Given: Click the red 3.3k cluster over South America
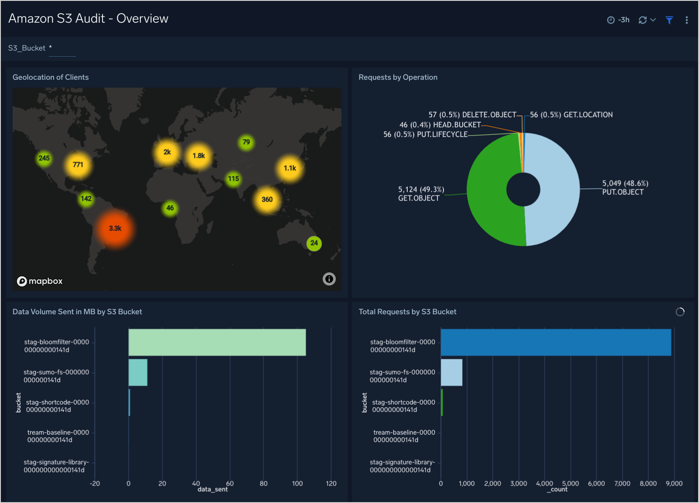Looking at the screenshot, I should tap(115, 228).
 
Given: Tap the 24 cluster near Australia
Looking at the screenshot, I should tap(314, 243).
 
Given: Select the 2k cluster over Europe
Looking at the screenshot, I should tap(167, 152).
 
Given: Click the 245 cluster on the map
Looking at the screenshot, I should tap(44, 158).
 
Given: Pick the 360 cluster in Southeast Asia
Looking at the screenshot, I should tap(267, 200).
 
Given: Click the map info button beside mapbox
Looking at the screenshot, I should tap(329, 279).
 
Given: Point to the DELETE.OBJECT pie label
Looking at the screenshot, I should tap(472, 115).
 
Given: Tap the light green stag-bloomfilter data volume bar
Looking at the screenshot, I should tap(217, 342).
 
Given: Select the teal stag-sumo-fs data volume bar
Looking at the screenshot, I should tap(138, 372).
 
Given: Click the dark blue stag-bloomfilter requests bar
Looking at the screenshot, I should tap(556, 342).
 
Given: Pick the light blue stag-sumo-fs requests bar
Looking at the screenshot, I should tap(451, 372).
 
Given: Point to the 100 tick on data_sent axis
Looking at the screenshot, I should tap(297, 483).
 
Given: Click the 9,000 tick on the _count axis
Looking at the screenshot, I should tap(674, 483).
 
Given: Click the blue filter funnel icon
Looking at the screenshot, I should tap(669, 20).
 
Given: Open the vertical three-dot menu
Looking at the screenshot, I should tap(686, 20).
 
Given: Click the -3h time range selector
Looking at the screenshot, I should tap(619, 20).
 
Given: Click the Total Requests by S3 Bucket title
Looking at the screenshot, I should tap(407, 312).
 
